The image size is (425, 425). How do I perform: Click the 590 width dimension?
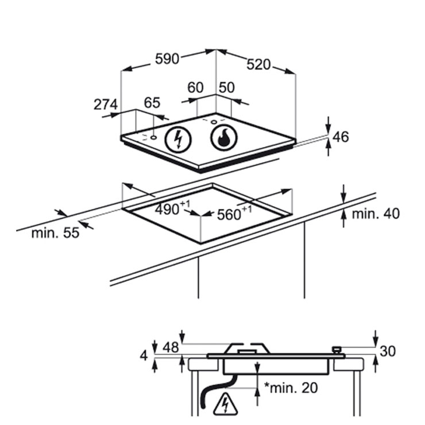[x=167, y=59]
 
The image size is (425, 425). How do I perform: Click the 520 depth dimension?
[x=258, y=64]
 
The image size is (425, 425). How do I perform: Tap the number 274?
[x=106, y=105]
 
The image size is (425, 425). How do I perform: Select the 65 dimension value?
[x=152, y=103]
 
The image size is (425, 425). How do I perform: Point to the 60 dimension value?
[x=195, y=87]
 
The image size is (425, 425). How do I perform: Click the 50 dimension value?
[x=227, y=87]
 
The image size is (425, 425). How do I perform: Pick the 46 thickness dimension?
[x=341, y=137]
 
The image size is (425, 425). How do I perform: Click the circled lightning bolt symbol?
[x=178, y=140]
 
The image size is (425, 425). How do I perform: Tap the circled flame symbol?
[x=224, y=138]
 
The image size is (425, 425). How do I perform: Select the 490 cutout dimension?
[x=172, y=208]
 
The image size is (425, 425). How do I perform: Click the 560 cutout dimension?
[x=234, y=213]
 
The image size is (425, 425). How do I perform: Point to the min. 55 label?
[x=55, y=233]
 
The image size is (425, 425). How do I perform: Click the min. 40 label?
[x=376, y=214]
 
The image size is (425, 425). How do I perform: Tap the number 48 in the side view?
[x=171, y=347]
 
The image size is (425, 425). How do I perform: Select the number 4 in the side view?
[x=144, y=356]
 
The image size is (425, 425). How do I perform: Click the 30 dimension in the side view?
[x=388, y=351]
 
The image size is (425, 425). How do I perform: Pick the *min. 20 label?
[x=291, y=388]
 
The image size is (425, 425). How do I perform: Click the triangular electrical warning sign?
[x=226, y=404]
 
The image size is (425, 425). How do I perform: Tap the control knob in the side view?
[x=337, y=350]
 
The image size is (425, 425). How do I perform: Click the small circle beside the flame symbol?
[x=214, y=122]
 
